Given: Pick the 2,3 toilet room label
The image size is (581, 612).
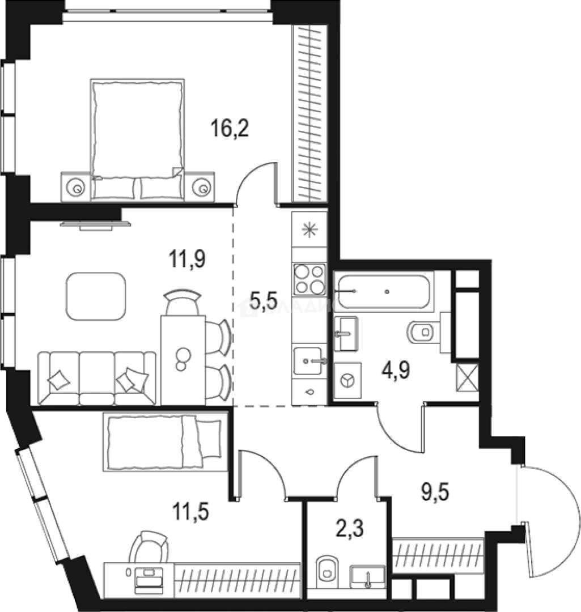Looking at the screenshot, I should point(349,532).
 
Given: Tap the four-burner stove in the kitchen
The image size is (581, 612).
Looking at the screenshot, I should point(309,280).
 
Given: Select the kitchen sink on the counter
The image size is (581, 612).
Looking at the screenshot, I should point(309,360).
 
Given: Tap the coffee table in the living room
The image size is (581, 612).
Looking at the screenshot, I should point(96,296).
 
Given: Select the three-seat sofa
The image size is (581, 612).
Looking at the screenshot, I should point(97,377).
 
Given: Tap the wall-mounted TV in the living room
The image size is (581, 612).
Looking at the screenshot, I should point(95,226).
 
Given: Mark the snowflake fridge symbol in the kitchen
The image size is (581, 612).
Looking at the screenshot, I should point(309,229).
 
